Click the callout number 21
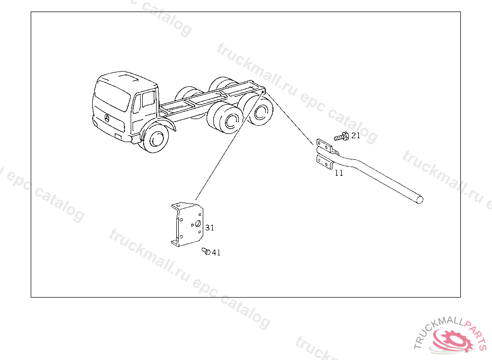tap(356, 135)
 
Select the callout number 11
tap(339, 173)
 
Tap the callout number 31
tap(210, 228)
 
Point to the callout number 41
tap(216, 252)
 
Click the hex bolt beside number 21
tap(342, 137)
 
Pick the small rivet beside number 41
tap(206, 251)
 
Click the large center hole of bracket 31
tap(197, 224)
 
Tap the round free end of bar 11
tap(420, 200)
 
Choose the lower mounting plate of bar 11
tap(325, 162)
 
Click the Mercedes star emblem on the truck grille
tap(107, 119)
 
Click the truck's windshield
tap(112, 95)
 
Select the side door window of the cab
tap(148, 99)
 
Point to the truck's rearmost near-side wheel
tap(260, 111)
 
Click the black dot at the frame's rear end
tap(263, 92)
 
